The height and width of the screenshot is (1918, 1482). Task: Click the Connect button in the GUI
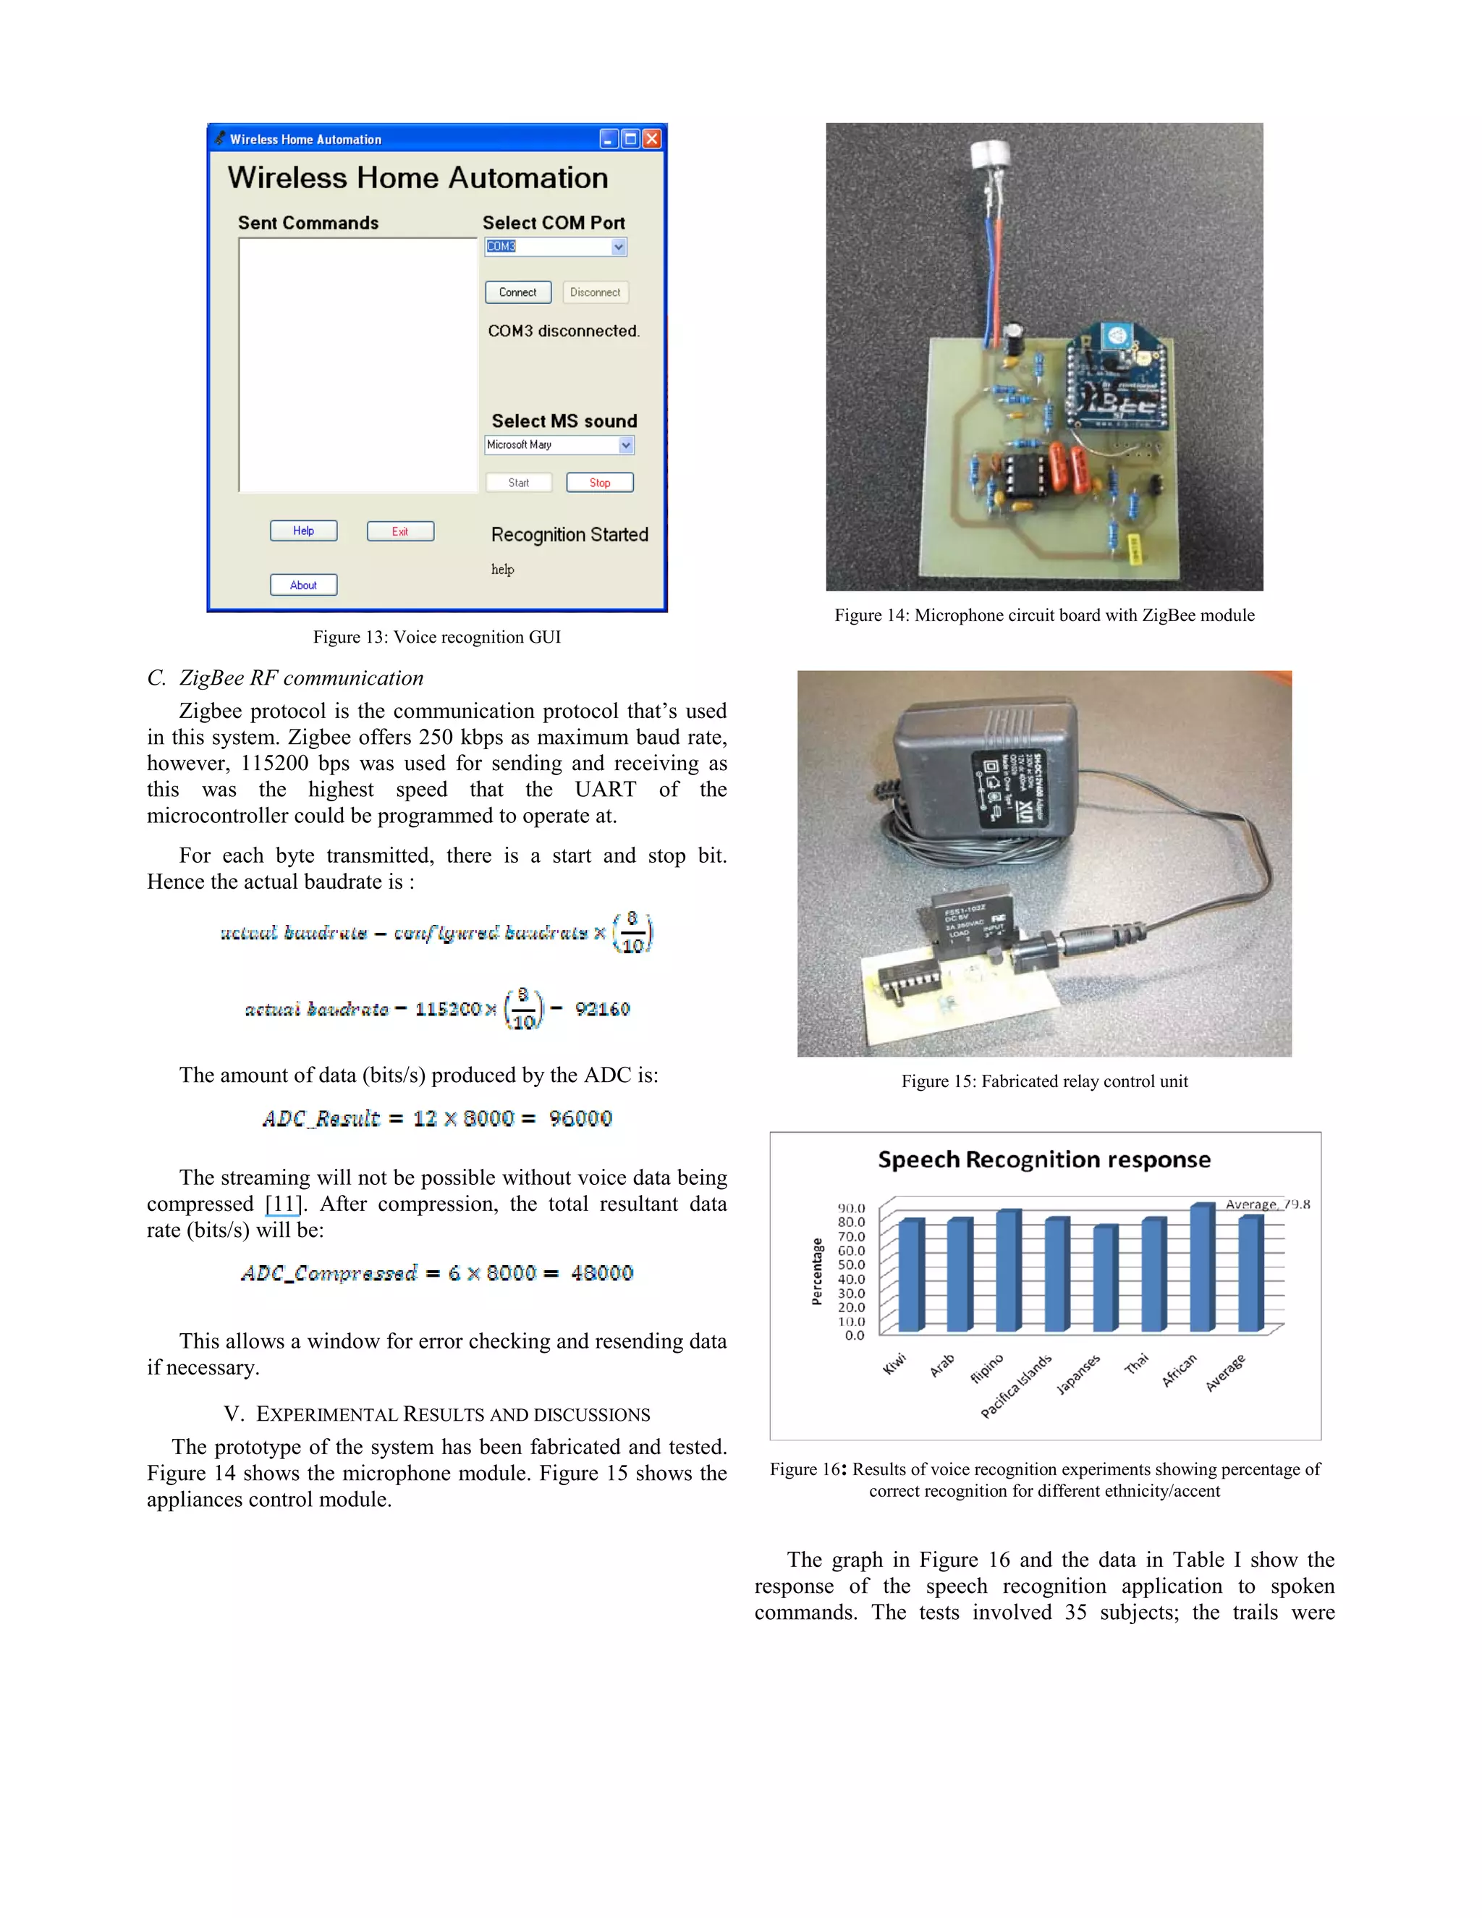(x=518, y=292)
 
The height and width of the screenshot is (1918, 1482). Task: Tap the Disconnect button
(x=596, y=292)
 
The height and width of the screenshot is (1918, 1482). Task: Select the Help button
(x=304, y=531)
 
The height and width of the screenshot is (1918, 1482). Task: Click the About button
(x=304, y=586)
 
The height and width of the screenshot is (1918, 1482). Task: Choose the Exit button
(x=400, y=531)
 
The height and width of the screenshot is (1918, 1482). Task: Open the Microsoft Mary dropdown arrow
(x=626, y=445)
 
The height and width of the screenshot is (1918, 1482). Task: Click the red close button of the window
(x=651, y=139)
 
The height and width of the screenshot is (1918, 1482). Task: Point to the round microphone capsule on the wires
(x=991, y=156)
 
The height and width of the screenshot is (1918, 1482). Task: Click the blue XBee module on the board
(x=1117, y=378)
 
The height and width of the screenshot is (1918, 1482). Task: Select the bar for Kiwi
(x=910, y=1275)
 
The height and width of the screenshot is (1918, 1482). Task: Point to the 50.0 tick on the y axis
(x=851, y=1264)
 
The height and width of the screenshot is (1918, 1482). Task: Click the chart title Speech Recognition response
(x=1044, y=1160)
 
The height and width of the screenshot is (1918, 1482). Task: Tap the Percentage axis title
(x=818, y=1272)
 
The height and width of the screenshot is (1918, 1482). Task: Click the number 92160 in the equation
(x=602, y=1009)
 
